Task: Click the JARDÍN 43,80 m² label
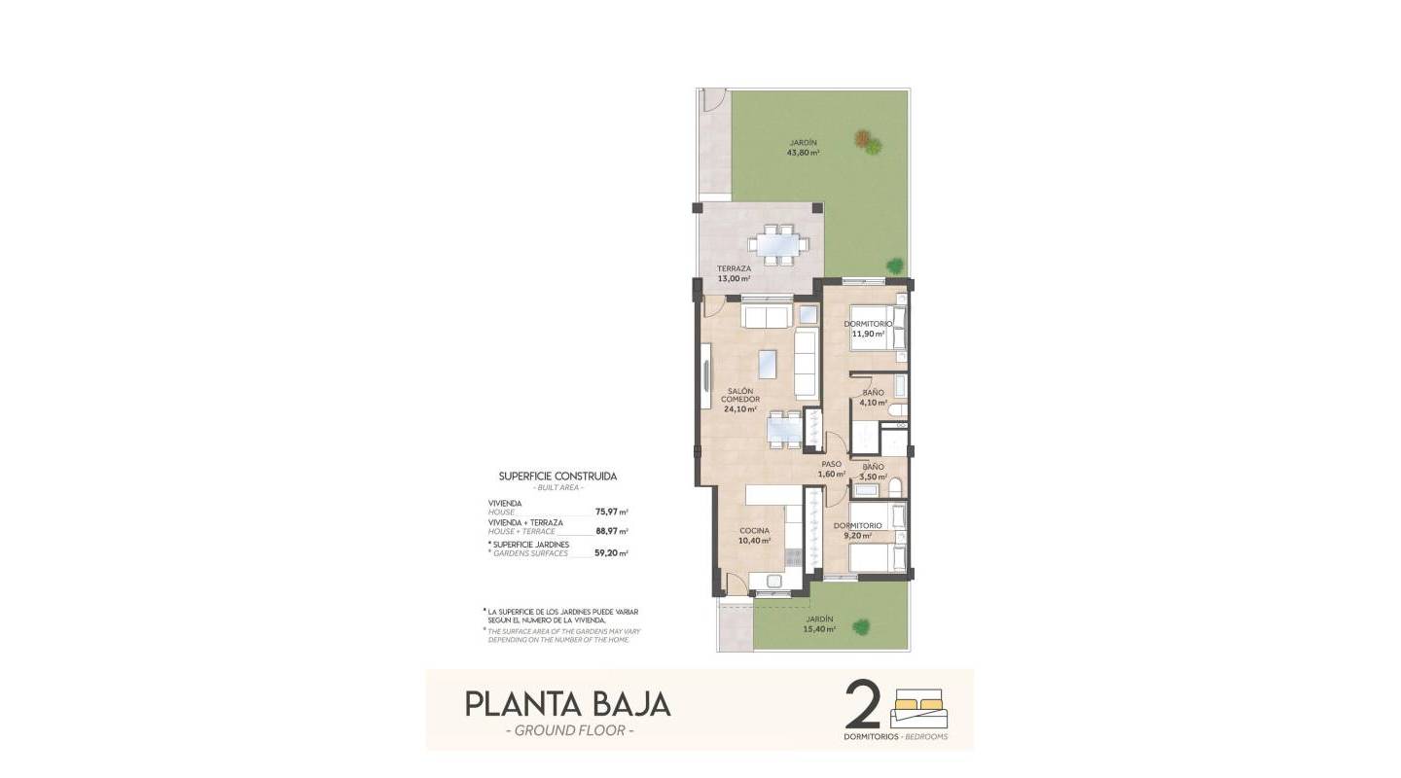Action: click(803, 148)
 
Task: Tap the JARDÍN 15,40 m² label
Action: click(819, 623)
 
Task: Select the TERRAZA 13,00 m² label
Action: click(734, 273)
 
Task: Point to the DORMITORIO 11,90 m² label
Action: click(868, 329)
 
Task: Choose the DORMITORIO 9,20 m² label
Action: click(857, 530)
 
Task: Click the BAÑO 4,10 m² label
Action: click(873, 398)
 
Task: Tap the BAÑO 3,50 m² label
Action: click(872, 472)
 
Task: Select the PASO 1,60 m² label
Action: click(831, 469)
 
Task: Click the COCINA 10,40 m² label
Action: click(754, 536)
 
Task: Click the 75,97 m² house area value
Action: click(611, 511)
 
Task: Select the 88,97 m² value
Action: click(611, 531)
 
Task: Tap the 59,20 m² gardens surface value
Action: click(611, 552)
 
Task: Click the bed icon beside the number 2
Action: click(919, 709)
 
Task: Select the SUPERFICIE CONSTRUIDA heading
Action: click(557, 477)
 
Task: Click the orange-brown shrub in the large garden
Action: click(862, 139)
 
